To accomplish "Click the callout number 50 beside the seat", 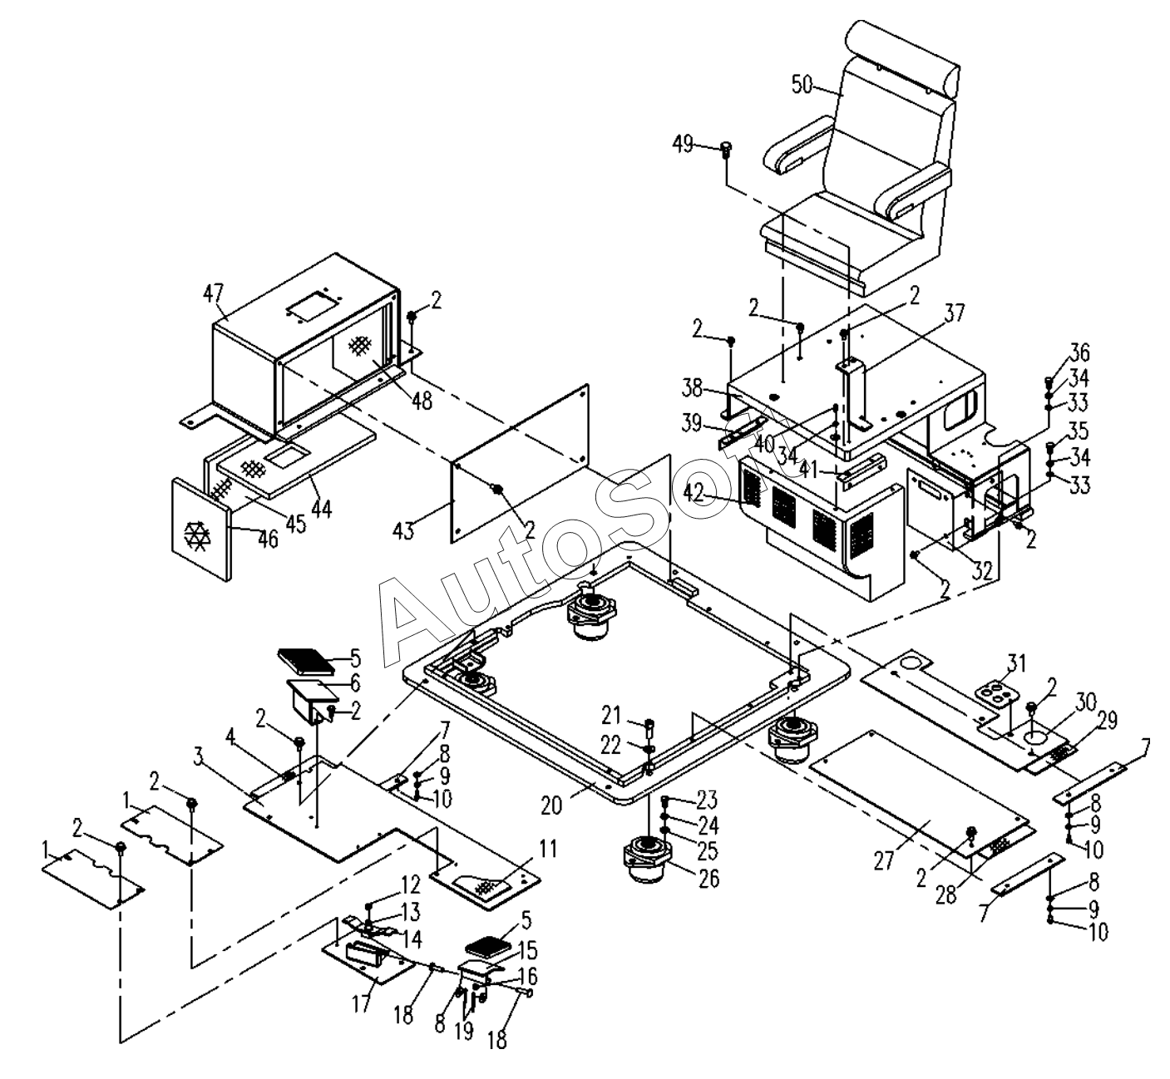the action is click(x=802, y=85).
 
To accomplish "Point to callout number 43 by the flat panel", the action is click(x=404, y=530).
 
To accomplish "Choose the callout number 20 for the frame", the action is click(x=552, y=805).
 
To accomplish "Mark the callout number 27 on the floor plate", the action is click(x=884, y=861).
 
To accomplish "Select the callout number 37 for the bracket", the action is click(x=955, y=313).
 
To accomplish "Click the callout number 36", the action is click(x=1079, y=352).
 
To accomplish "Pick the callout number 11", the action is click(x=548, y=850).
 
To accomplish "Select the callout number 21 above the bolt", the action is click(x=611, y=716).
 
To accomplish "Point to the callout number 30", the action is click(x=1086, y=702).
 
